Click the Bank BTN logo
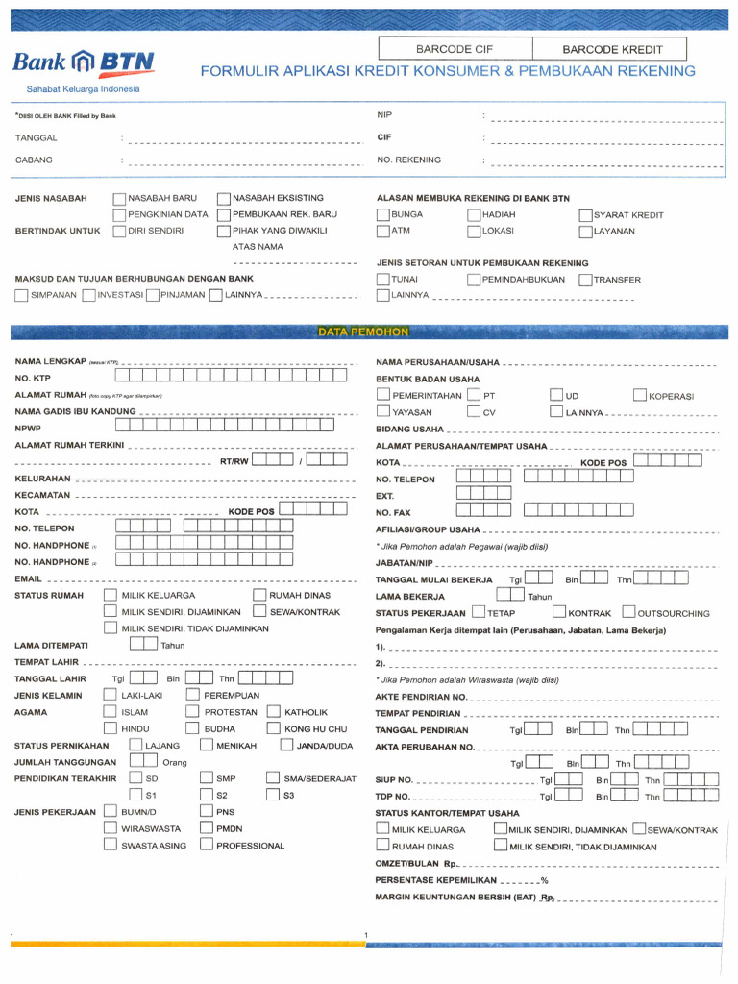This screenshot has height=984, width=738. coord(83,64)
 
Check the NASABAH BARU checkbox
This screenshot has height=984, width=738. coord(119,199)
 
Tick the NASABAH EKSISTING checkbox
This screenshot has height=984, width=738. coord(224,199)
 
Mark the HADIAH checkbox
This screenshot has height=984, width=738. coord(473,215)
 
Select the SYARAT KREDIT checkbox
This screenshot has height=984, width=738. coord(584,215)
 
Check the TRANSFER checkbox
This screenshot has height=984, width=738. coord(584,280)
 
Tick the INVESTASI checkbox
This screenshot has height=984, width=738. coord(88,295)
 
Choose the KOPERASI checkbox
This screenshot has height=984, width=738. coord(640,396)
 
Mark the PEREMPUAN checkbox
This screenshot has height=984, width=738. coord(193,695)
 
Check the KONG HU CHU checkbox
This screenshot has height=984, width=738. coord(273,730)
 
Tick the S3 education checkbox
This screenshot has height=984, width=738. coord(273,795)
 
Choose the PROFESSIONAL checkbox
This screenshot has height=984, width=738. coord(206,845)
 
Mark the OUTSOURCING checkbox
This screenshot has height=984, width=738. coord(628,612)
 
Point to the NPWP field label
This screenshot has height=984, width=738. coord(28,428)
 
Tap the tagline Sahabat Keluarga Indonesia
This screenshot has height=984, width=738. coord(83,89)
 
